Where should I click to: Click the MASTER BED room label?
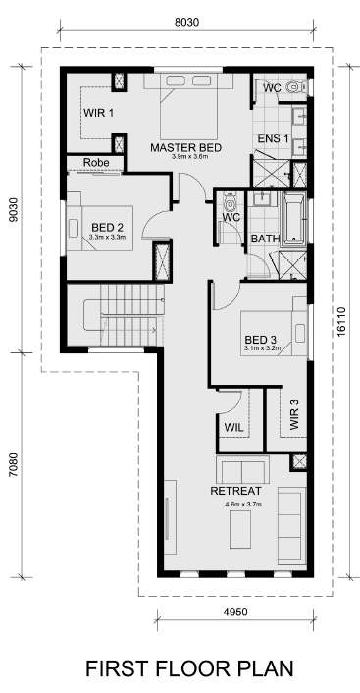(x=185, y=147)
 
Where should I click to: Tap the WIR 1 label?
(x=98, y=113)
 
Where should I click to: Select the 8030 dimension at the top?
(x=186, y=23)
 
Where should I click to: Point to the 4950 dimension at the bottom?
(x=235, y=612)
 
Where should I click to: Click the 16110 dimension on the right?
(x=341, y=322)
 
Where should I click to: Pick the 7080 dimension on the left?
(x=15, y=464)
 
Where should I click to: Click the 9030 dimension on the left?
(x=15, y=209)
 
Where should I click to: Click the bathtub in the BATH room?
(x=294, y=218)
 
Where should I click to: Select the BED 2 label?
(x=107, y=227)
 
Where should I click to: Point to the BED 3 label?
(x=261, y=340)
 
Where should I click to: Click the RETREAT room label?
(x=235, y=491)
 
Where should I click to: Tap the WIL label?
(x=234, y=427)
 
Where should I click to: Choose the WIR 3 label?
(x=294, y=414)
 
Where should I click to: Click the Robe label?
(x=96, y=163)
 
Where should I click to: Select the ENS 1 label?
(x=273, y=138)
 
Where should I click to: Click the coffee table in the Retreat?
(x=240, y=529)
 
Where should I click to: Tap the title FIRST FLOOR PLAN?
(x=189, y=668)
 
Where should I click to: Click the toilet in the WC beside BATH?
(x=230, y=203)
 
